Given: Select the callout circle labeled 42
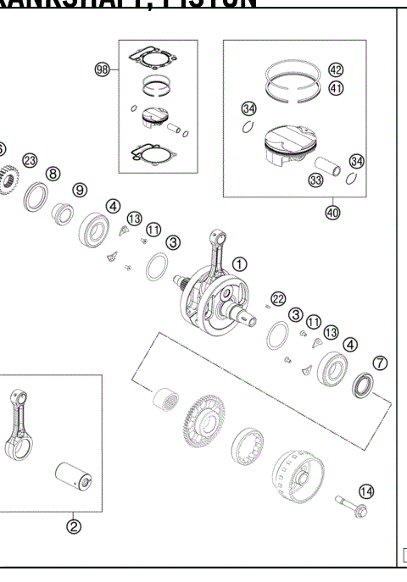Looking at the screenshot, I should point(336,69).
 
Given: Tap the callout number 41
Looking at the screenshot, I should point(336,87).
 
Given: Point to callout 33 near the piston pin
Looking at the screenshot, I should point(316,180).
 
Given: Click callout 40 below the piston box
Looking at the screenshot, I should point(332,213).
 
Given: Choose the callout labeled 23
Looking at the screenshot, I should point(30,160).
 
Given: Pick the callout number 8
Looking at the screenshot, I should point(53,174).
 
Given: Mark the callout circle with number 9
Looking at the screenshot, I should point(79,190).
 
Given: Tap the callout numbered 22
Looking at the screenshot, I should point(277,298).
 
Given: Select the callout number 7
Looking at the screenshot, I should point(381,363).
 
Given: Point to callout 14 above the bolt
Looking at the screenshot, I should point(366,491).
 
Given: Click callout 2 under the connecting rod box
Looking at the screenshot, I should point(74,526).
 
